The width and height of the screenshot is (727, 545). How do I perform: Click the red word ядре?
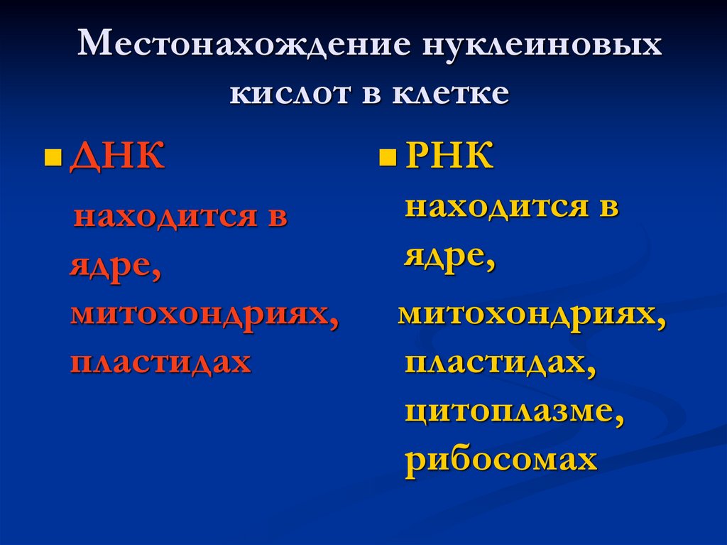[113, 266]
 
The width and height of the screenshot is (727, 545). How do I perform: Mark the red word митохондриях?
[202, 313]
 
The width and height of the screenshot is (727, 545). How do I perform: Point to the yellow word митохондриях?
[531, 313]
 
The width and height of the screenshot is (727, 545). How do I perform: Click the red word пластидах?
[160, 361]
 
